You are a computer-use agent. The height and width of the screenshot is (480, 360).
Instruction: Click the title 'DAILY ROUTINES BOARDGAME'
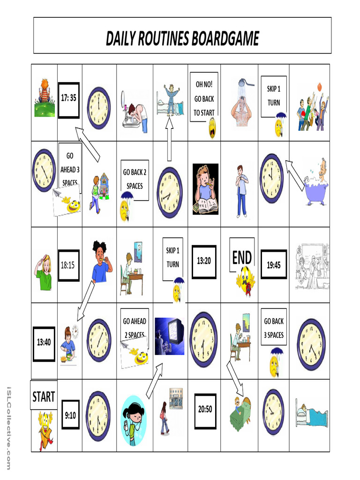coord(182,38)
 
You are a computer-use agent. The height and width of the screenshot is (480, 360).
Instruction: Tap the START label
coord(44,397)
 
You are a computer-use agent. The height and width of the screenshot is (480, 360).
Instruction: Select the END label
coord(242,257)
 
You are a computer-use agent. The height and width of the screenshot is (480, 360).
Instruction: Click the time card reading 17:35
coord(68,98)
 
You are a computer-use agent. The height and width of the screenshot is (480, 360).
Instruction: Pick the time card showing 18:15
coord(67,265)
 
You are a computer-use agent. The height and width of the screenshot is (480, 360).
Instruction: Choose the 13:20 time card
coord(204,261)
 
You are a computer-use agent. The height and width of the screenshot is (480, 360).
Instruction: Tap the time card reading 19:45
coord(273,265)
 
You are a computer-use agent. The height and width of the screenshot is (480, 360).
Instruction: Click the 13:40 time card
coord(44,343)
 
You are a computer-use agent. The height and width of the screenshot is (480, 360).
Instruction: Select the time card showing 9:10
coord(70,414)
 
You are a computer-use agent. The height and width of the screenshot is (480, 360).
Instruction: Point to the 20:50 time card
coord(205,409)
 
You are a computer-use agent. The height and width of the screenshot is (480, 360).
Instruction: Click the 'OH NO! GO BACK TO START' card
coord(204,98)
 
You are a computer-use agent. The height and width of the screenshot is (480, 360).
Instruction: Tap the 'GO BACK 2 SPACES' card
coord(135,179)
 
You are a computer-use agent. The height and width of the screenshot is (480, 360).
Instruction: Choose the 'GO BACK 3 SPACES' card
coord(273,328)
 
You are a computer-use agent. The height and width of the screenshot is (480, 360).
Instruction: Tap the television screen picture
coord(169,336)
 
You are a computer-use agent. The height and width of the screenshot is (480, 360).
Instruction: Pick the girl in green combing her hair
coord(44,272)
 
